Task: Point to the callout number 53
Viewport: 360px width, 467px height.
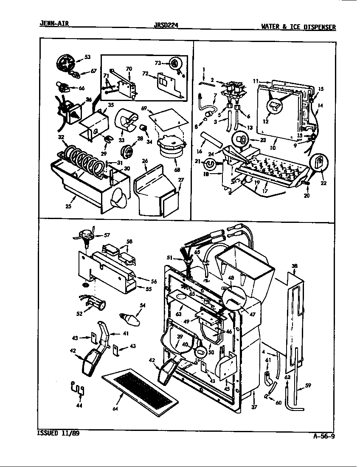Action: [87, 56]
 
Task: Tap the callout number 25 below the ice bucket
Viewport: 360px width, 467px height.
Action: [67, 207]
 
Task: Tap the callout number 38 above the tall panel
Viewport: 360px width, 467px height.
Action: [294, 266]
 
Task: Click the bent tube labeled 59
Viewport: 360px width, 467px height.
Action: [295, 397]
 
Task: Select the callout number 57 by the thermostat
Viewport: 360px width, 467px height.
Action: [107, 235]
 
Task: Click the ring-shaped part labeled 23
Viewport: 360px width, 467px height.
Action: [240, 139]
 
